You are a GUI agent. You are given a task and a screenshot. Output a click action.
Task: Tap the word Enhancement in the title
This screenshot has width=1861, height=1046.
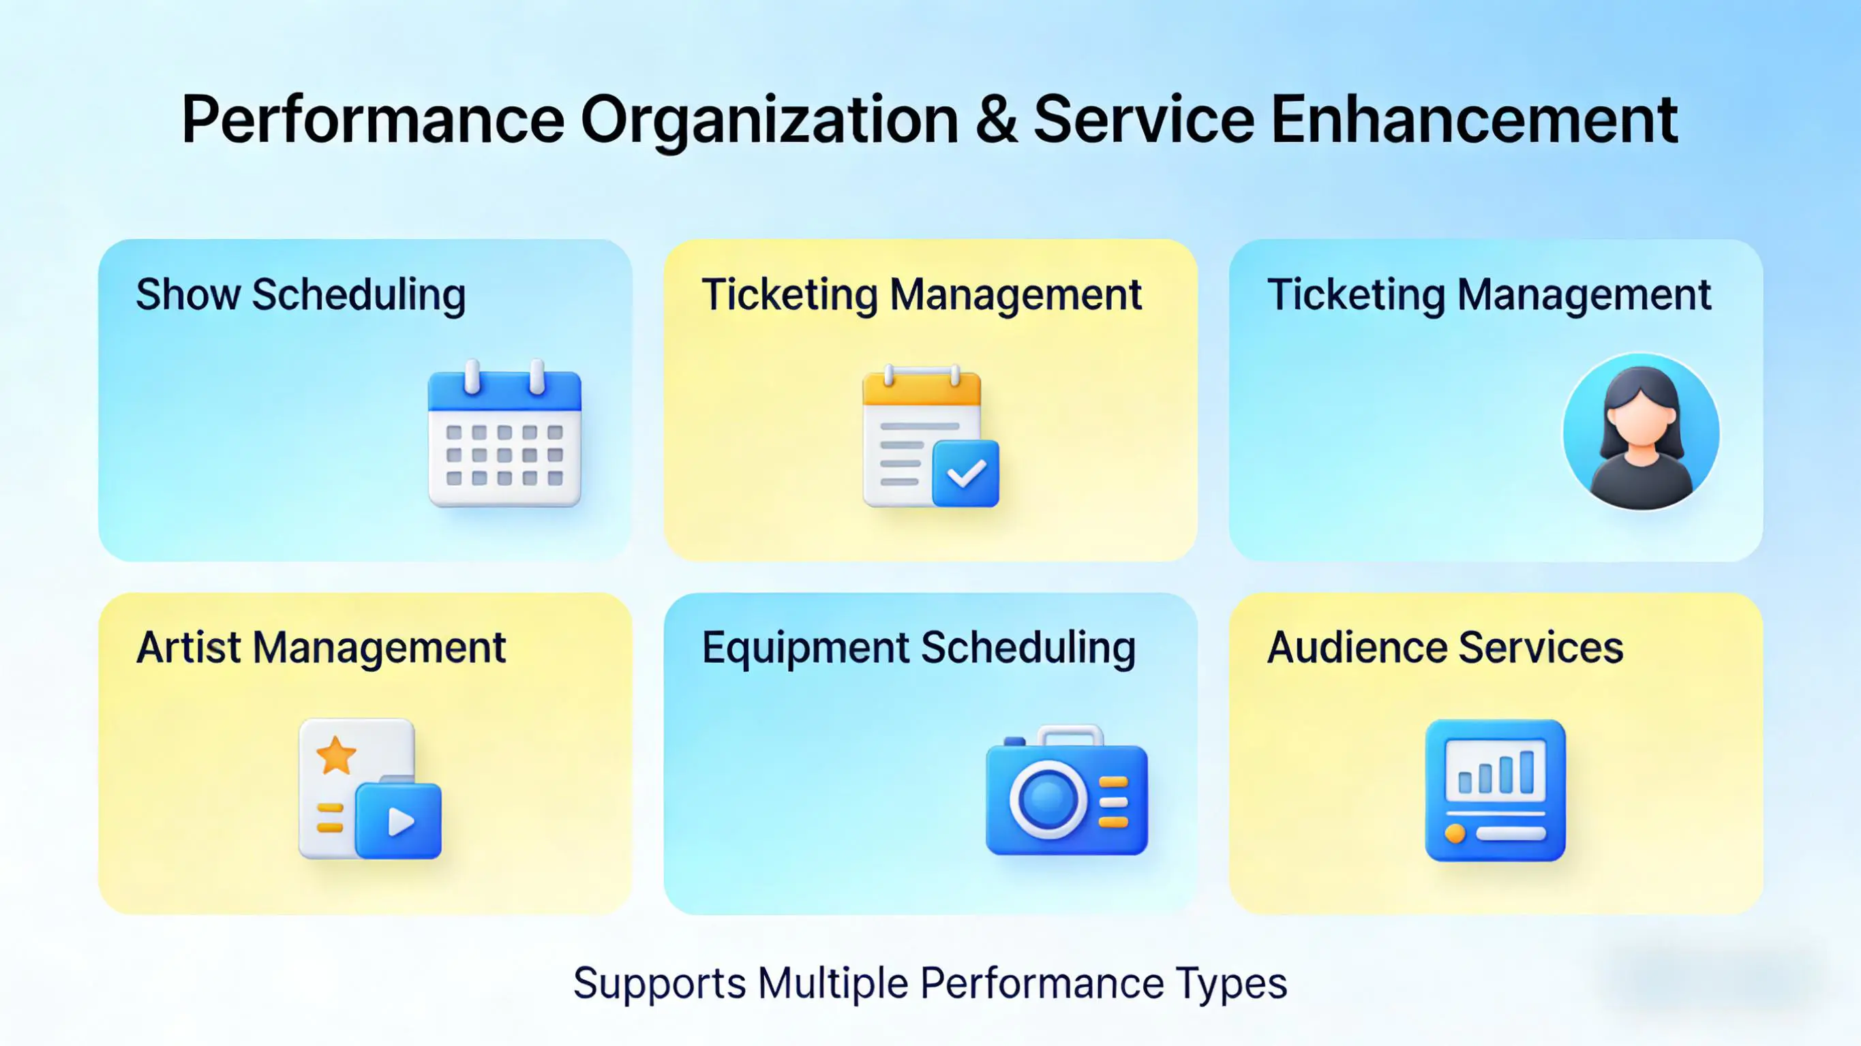[x=1474, y=119]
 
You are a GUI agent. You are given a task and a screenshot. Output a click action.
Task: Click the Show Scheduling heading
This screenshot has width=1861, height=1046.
[x=301, y=296]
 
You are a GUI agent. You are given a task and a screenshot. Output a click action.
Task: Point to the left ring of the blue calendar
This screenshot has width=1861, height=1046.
[x=472, y=376]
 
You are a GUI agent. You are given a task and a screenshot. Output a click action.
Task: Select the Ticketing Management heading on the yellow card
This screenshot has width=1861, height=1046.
[x=921, y=296]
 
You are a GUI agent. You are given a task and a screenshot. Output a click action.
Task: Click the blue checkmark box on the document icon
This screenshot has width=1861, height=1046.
[x=966, y=474]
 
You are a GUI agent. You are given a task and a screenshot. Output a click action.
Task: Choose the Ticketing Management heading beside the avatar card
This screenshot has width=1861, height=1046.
[x=1489, y=296]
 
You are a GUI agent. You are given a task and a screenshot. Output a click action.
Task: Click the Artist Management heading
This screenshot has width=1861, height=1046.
[x=321, y=648]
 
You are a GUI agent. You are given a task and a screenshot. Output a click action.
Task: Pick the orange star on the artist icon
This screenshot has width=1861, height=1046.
[x=337, y=756]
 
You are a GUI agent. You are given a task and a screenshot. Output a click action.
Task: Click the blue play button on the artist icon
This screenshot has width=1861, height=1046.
[x=398, y=821]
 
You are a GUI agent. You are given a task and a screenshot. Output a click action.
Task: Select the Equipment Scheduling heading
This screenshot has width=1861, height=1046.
[x=918, y=648]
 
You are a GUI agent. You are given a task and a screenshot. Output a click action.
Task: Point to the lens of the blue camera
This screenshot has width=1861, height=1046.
[x=1048, y=801]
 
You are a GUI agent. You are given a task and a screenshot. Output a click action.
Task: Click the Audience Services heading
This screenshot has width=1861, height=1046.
[x=1445, y=647]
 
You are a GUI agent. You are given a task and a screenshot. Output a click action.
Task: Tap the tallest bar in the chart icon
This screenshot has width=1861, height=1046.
[x=1526, y=771]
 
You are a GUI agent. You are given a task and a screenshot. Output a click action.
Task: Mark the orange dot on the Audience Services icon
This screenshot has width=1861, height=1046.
[x=1455, y=833]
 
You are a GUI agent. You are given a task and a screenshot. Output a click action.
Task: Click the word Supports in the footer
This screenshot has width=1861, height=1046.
[x=660, y=985]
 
